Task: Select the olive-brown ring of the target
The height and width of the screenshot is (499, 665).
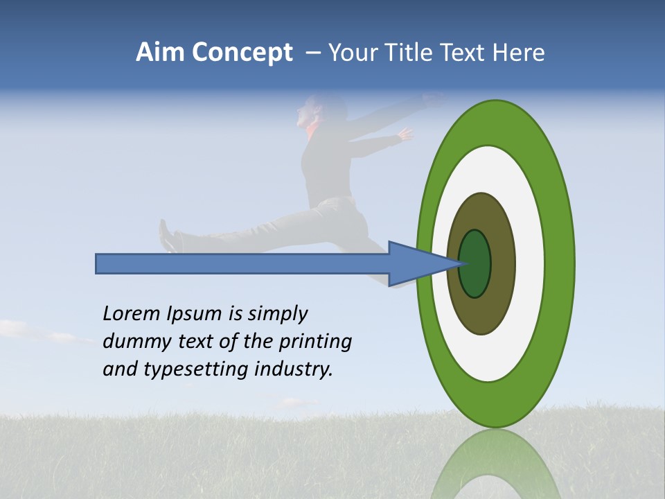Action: [502, 263]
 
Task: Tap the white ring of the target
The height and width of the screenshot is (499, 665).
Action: [529, 263]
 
